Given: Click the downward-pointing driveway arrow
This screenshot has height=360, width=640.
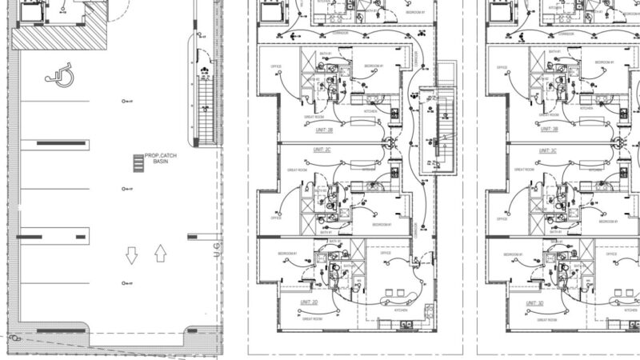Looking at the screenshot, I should (x=132, y=255).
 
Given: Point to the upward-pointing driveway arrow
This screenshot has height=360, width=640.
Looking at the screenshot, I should (x=159, y=254).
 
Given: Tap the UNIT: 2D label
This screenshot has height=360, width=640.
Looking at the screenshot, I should (x=310, y=302).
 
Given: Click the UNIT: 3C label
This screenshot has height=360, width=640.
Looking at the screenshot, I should (x=548, y=150).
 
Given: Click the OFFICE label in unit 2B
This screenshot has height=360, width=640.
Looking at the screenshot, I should (x=276, y=66).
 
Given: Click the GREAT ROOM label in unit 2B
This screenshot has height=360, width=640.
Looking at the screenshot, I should (x=313, y=118).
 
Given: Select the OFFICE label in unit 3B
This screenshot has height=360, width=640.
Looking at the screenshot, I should (x=502, y=66).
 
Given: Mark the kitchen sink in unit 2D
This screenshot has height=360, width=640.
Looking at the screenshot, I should (x=405, y=324).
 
